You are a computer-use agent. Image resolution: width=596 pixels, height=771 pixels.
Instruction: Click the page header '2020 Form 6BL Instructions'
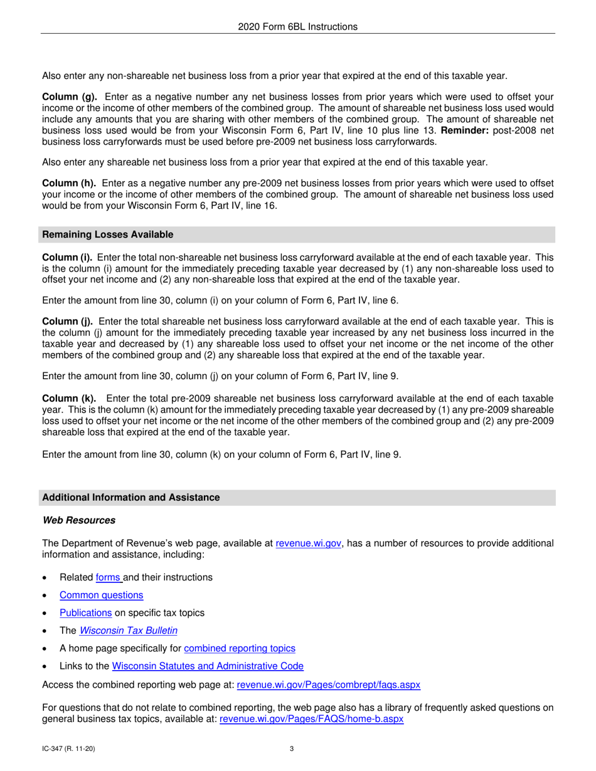point(298,26)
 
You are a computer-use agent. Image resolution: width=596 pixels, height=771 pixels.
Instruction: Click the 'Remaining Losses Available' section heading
point(107,234)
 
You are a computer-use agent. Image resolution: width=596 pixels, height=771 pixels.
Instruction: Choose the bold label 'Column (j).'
point(68,322)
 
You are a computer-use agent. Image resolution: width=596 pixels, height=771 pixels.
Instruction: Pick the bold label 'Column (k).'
point(69,398)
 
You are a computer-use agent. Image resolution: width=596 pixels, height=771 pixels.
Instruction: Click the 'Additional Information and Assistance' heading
point(130,498)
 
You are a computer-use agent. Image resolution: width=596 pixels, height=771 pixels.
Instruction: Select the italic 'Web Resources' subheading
point(78,520)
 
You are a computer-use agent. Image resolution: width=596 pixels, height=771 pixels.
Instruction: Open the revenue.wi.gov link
point(309,543)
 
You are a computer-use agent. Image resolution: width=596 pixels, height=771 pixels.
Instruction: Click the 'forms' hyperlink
point(109,577)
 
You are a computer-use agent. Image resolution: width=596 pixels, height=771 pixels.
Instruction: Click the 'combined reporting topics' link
point(239,648)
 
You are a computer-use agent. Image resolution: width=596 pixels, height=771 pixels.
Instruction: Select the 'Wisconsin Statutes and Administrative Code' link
point(208,666)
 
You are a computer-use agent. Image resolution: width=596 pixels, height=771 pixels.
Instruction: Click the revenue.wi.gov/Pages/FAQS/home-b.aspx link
point(312,720)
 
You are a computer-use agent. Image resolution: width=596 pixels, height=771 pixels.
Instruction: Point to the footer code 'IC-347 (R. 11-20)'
point(69,748)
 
